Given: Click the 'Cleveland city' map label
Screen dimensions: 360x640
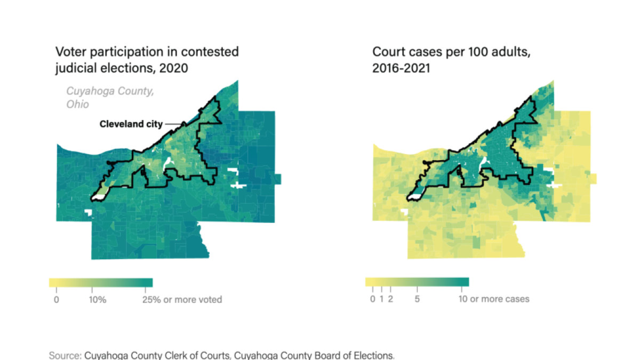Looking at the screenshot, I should [x=131, y=124].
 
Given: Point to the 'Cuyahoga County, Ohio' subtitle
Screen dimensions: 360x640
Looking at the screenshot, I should [x=110, y=98].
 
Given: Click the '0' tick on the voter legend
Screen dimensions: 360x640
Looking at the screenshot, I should [x=56, y=300].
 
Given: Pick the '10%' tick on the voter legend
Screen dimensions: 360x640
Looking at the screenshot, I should [x=98, y=300].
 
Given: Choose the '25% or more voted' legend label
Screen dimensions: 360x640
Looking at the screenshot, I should [x=182, y=300].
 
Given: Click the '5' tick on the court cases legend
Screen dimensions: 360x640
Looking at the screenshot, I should [x=417, y=299].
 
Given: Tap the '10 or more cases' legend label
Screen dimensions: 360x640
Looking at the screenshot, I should [x=494, y=299].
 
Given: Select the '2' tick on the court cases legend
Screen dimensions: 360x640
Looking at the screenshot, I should [x=391, y=299].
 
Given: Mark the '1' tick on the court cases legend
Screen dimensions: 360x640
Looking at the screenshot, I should [x=382, y=299].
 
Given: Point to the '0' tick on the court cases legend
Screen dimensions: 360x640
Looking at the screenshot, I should [x=373, y=299].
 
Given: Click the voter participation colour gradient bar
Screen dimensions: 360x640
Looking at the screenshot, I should [x=101, y=283].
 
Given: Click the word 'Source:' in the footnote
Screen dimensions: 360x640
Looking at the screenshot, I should [x=65, y=355].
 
